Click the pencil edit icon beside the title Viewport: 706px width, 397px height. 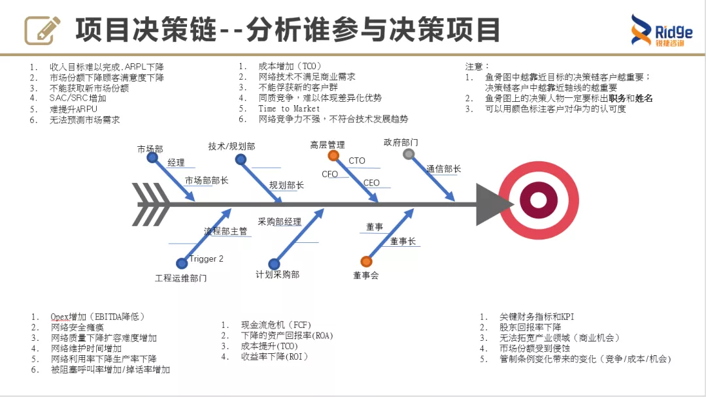coord(42,30)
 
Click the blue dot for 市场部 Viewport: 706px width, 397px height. coord(152,158)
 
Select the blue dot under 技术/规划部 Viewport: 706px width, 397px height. coord(241,159)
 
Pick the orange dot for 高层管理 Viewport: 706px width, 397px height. coord(333,155)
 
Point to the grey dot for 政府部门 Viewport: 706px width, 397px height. coord(409,154)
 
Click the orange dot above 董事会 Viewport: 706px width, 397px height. coord(367,261)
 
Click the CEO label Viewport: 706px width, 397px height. coord(371,183)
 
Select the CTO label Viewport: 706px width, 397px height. coord(357,161)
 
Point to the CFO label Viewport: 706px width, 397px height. coord(329,174)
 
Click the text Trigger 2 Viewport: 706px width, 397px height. coord(207,259)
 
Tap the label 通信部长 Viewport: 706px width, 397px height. coord(444,169)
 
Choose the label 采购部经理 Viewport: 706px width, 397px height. coord(280,222)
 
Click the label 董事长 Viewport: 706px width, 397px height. coord(403,241)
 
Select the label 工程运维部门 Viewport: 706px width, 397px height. coord(181,278)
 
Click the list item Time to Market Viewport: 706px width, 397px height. coord(289,108)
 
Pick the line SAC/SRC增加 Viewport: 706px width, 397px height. coord(78,98)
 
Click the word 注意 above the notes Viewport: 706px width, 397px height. coord(477,67)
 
